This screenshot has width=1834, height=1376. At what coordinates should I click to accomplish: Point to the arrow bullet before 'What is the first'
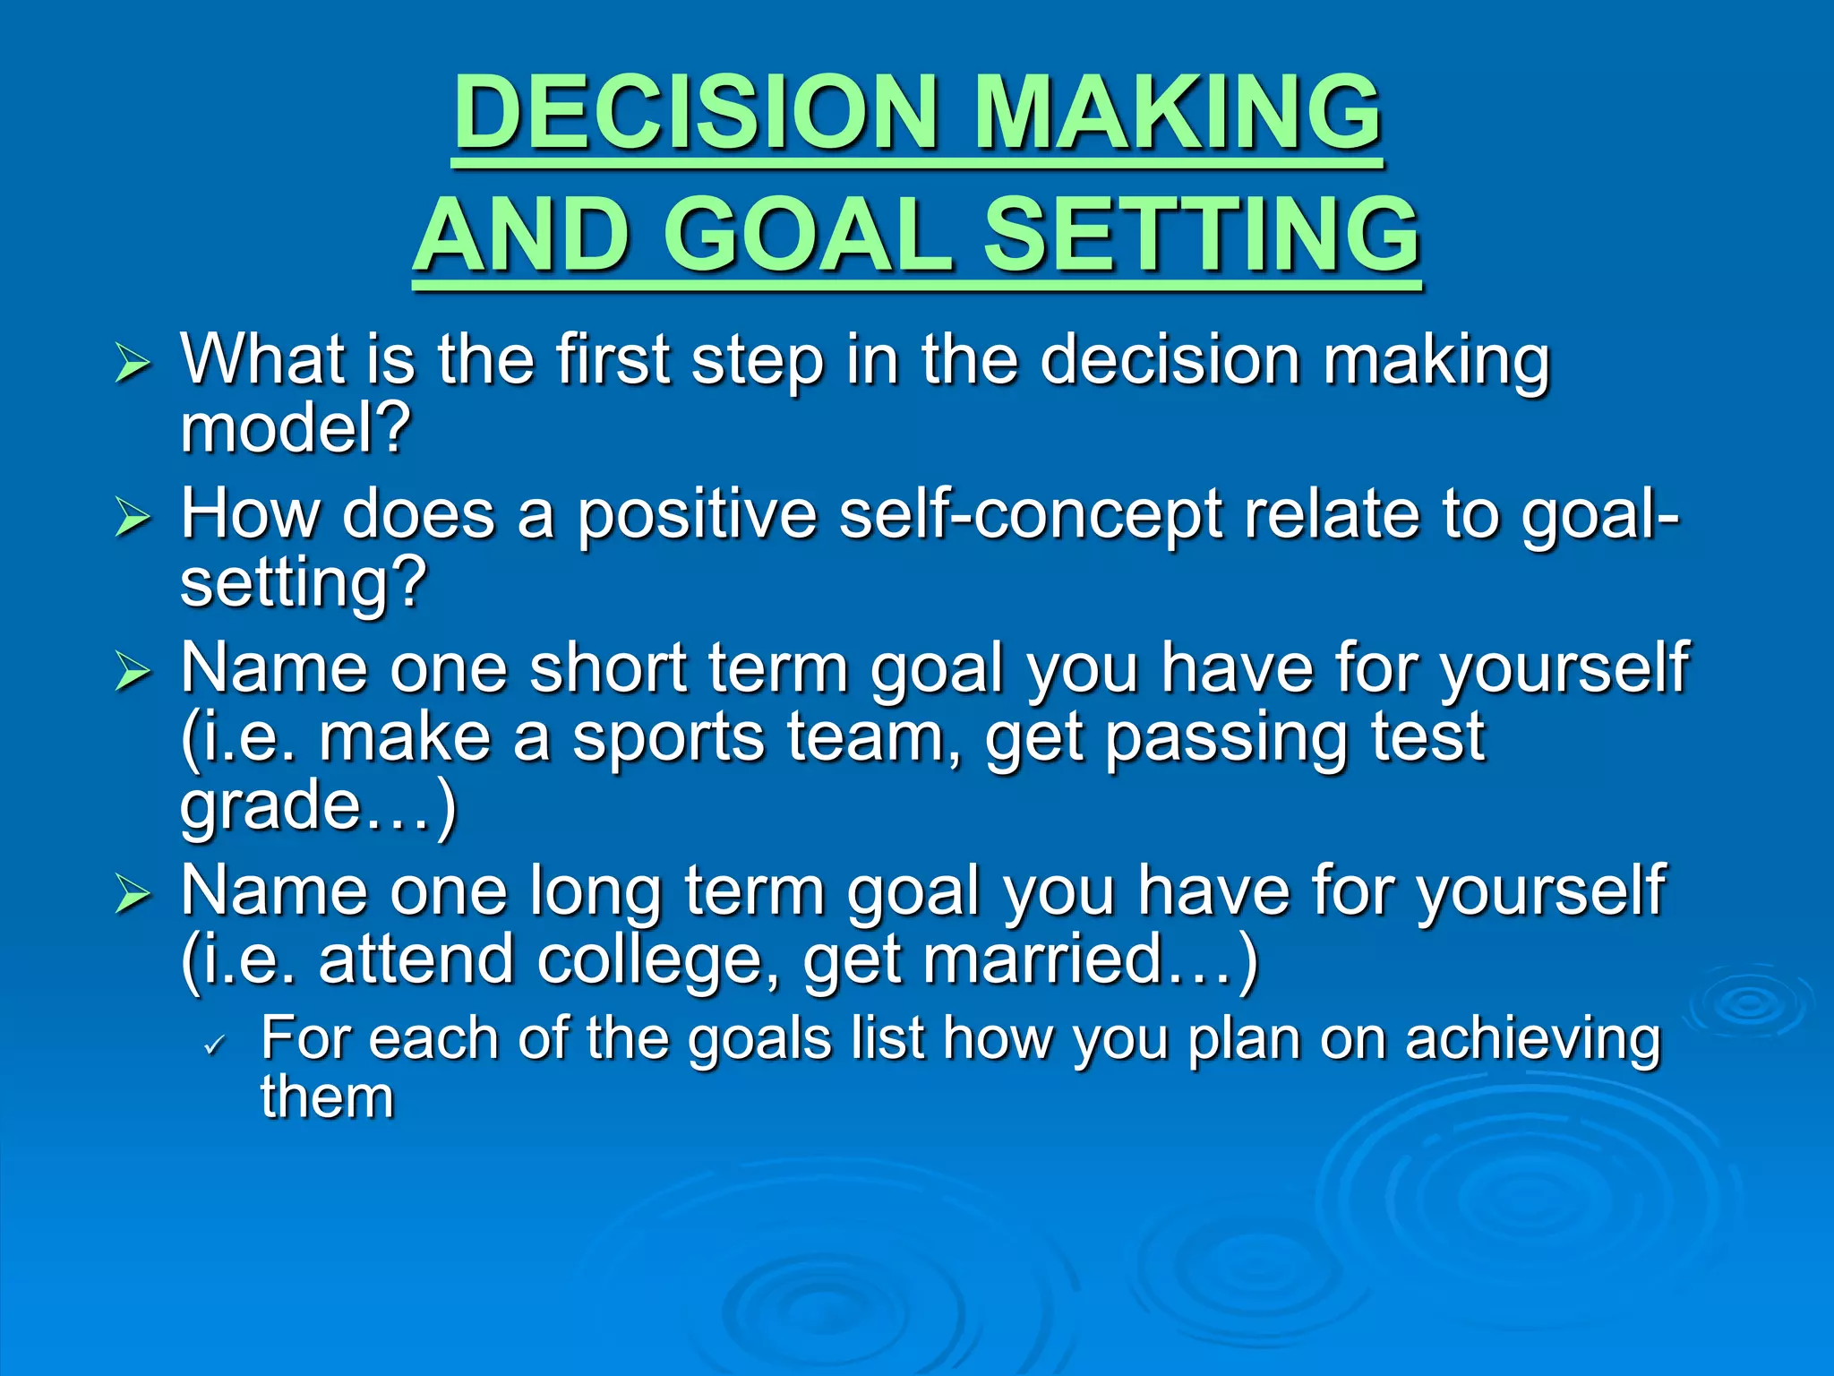[133, 365]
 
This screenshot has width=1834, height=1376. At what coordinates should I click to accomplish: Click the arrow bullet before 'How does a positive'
[133, 518]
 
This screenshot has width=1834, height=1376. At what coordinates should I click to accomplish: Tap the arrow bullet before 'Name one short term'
[133, 672]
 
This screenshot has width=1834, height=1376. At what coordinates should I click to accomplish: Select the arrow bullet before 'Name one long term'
[133, 894]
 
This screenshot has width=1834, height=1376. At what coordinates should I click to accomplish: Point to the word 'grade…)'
[318, 804]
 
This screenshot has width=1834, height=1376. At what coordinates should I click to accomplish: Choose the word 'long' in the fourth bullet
[596, 891]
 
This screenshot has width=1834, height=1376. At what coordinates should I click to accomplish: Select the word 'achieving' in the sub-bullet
[1532, 1039]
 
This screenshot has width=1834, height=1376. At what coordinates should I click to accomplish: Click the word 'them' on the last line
[327, 1097]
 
